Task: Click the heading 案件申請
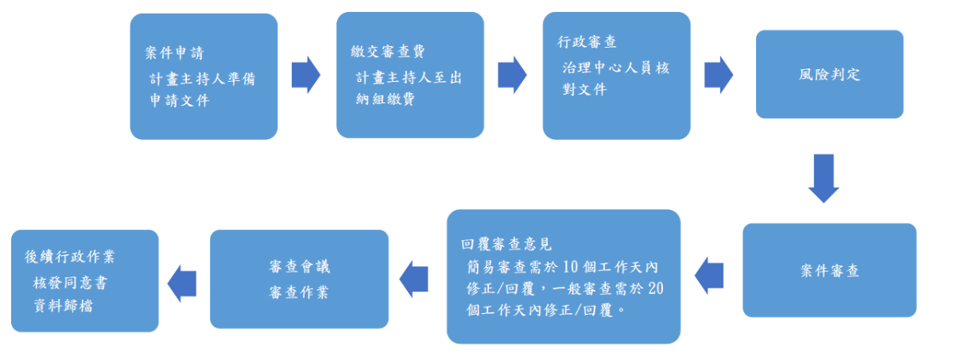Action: pyautogui.click(x=174, y=54)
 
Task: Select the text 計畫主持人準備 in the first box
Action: pyautogui.click(x=202, y=79)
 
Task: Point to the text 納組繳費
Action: pyautogui.click(x=386, y=99)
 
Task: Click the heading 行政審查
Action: pyautogui.click(x=587, y=42)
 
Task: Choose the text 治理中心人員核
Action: pyautogui.click(x=615, y=68)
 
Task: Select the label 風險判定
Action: pyautogui.click(x=829, y=75)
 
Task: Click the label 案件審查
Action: pyautogui.click(x=829, y=270)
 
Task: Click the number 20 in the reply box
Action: pyautogui.click(x=655, y=288)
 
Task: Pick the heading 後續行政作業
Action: pyautogui.click(x=70, y=257)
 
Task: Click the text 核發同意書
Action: pyautogui.click(x=70, y=282)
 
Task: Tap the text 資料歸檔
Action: pyautogui.click(x=63, y=304)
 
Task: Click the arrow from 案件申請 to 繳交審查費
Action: pyautogui.click(x=306, y=75)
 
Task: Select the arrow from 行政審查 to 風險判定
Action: pyautogui.click(x=718, y=75)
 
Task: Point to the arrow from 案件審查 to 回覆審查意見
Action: pyautogui.click(x=710, y=274)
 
